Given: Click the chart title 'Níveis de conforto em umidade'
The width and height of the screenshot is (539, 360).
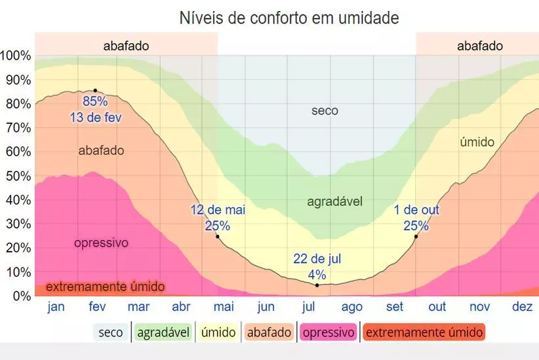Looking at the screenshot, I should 289,18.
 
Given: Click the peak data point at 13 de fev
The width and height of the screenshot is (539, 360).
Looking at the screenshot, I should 95,90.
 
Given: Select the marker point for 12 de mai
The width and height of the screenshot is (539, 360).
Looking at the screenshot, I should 218,236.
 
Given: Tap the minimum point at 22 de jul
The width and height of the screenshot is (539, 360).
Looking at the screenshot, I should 317,285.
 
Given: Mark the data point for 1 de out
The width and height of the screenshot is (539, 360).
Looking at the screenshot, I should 416,236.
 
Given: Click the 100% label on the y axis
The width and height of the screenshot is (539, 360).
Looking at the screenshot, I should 16,56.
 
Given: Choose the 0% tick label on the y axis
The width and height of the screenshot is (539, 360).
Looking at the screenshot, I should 21,296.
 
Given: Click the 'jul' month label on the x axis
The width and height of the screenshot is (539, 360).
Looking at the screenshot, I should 309,307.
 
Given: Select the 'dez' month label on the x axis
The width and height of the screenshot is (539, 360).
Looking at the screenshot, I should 522,307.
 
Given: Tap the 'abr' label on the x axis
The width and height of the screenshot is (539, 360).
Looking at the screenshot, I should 181,307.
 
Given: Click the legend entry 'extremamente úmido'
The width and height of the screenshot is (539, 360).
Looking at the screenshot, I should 424,332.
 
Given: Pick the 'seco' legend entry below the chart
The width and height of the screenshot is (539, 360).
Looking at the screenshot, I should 111,332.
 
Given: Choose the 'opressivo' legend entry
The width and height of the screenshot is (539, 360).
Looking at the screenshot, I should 329,332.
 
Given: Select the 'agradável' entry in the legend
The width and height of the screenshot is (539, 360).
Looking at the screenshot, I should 163,332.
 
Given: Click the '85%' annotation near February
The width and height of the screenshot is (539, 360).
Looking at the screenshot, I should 95,102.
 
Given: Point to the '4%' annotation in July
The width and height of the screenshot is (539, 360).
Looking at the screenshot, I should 317,275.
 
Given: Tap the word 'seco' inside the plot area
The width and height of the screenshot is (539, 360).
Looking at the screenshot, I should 325,111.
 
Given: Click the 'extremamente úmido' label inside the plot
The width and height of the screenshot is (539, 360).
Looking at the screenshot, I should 105,287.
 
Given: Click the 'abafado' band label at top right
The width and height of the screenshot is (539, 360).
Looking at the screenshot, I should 479,46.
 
